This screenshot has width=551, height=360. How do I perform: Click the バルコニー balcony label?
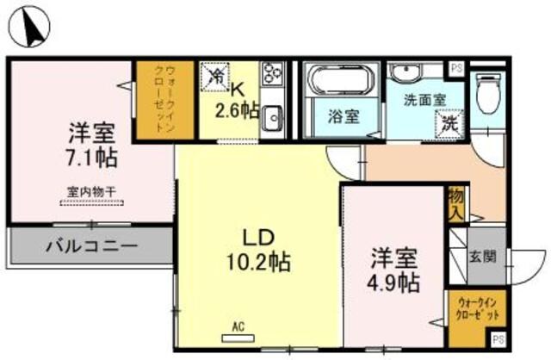91,246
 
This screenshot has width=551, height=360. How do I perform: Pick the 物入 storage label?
455,205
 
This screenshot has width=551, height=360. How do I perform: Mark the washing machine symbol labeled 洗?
449,122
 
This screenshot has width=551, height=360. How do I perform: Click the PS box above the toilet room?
455,66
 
